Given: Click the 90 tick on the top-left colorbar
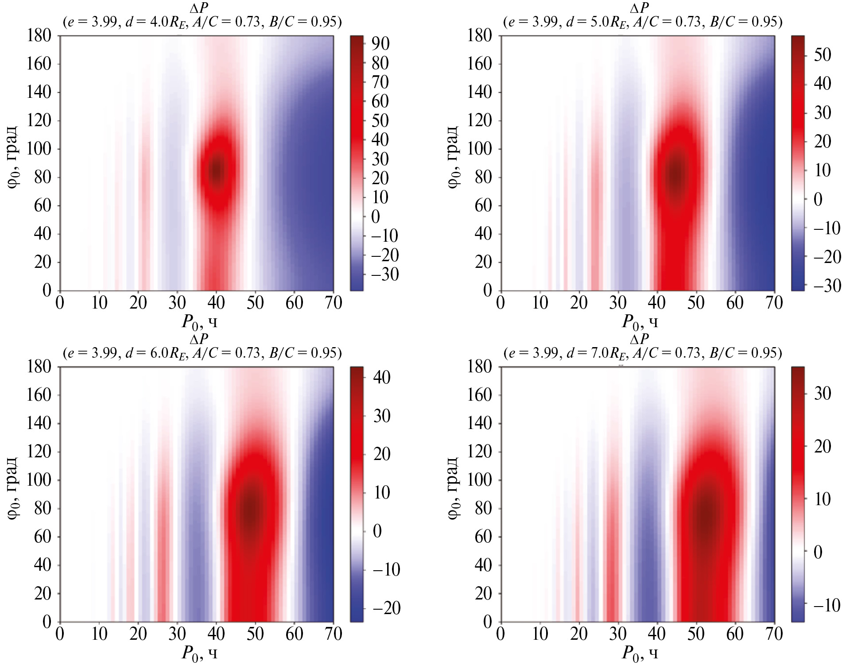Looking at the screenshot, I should click(380, 43).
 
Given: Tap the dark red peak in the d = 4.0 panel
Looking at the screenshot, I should click(216, 170).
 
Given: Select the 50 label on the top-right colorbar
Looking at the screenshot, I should click(822, 55).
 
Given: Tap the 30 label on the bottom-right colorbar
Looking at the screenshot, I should click(822, 393).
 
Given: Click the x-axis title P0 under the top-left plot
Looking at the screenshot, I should click(199, 322).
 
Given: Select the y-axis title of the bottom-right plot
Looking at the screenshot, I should click(454, 488).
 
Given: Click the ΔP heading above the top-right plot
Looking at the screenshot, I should click(639, 8).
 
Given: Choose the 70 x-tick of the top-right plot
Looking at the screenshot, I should click(774, 303).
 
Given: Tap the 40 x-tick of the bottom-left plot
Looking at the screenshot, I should click(216, 634).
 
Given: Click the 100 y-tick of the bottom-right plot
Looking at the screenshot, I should click(479, 480).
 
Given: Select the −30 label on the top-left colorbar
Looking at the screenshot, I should click(384, 275).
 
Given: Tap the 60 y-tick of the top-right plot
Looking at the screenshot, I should click(483, 205).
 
